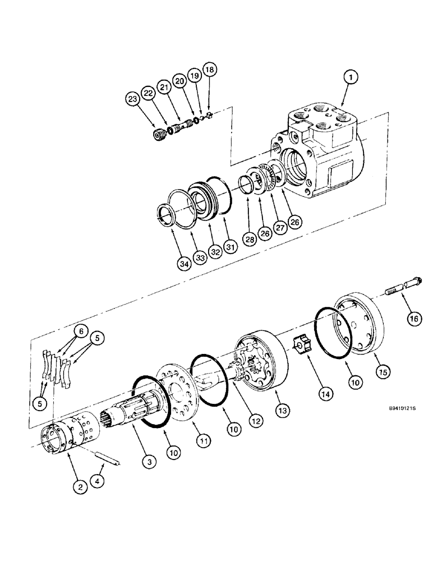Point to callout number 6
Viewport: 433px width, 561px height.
[81, 332]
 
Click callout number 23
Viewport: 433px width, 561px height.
[132, 99]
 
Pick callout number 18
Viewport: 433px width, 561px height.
[209, 70]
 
